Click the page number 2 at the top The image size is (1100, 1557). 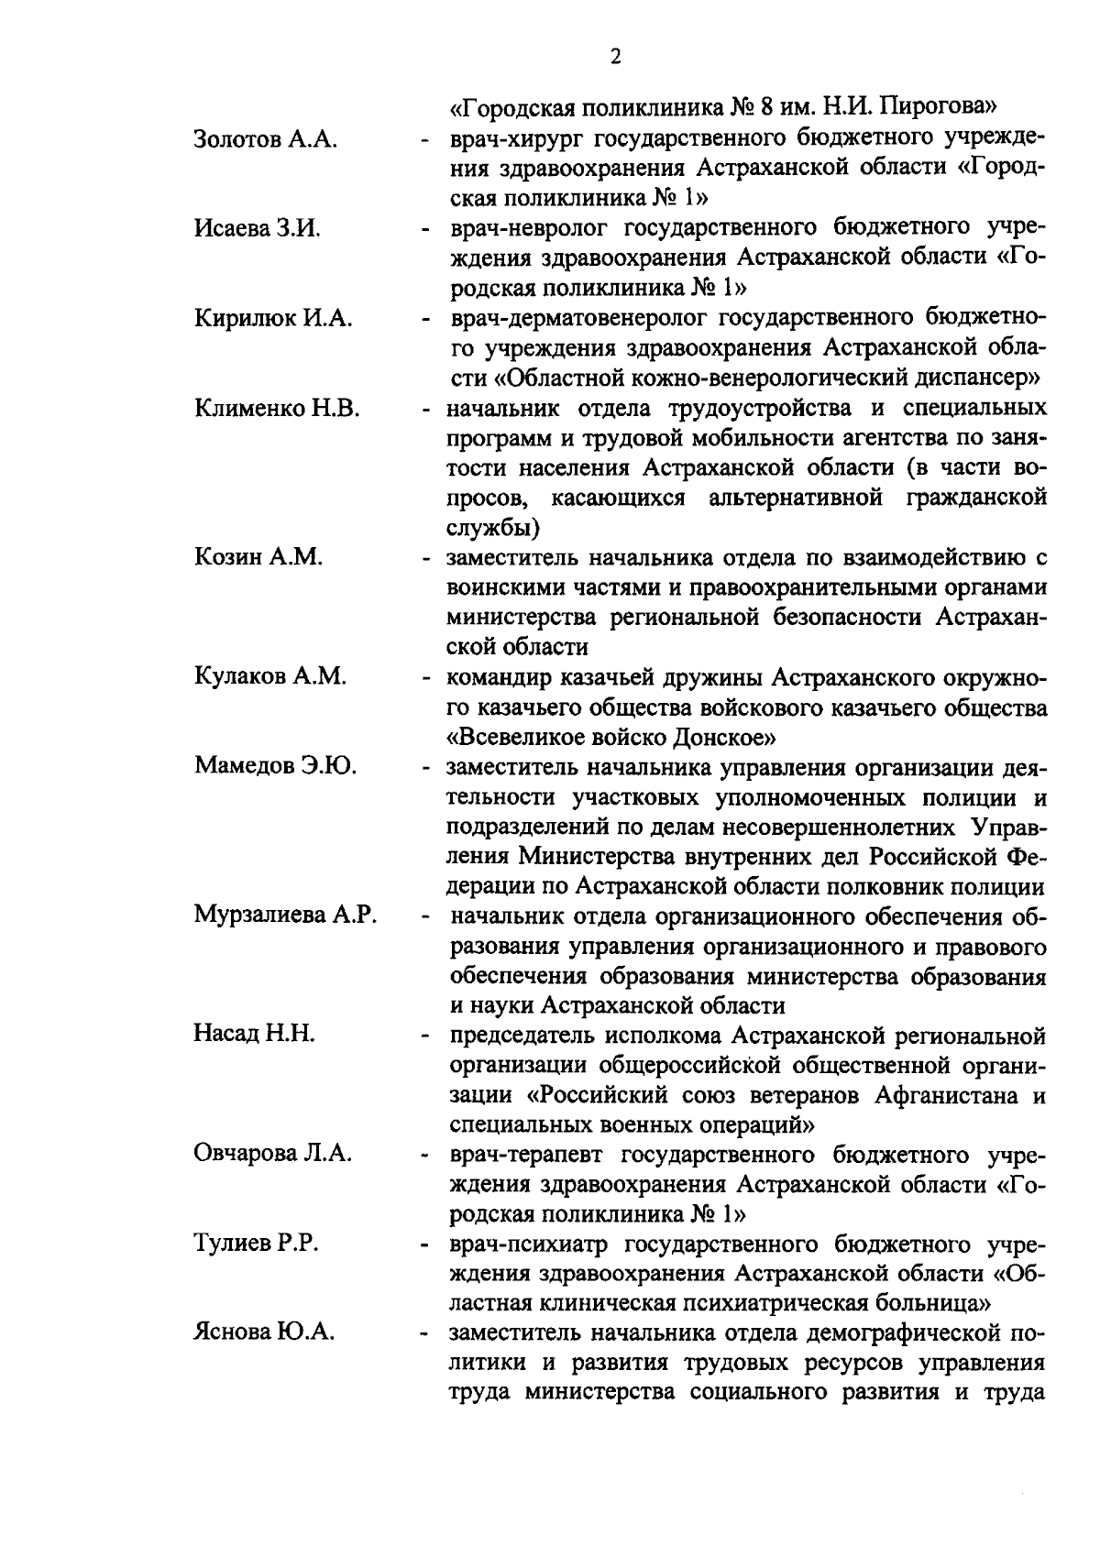pos(615,57)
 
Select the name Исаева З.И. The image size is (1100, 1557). pos(258,228)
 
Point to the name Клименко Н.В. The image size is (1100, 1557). pos(277,408)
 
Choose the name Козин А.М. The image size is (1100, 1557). pos(258,557)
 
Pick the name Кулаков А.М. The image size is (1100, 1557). pos(270,676)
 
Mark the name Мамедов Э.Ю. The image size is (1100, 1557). pos(276,765)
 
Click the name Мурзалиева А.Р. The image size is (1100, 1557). pos(286,916)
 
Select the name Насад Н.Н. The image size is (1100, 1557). pos(255,1035)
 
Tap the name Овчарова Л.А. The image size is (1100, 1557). pos(273,1154)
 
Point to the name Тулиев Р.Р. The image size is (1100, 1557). pos(256,1244)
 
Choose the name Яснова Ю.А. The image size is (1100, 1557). pos(264,1333)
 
